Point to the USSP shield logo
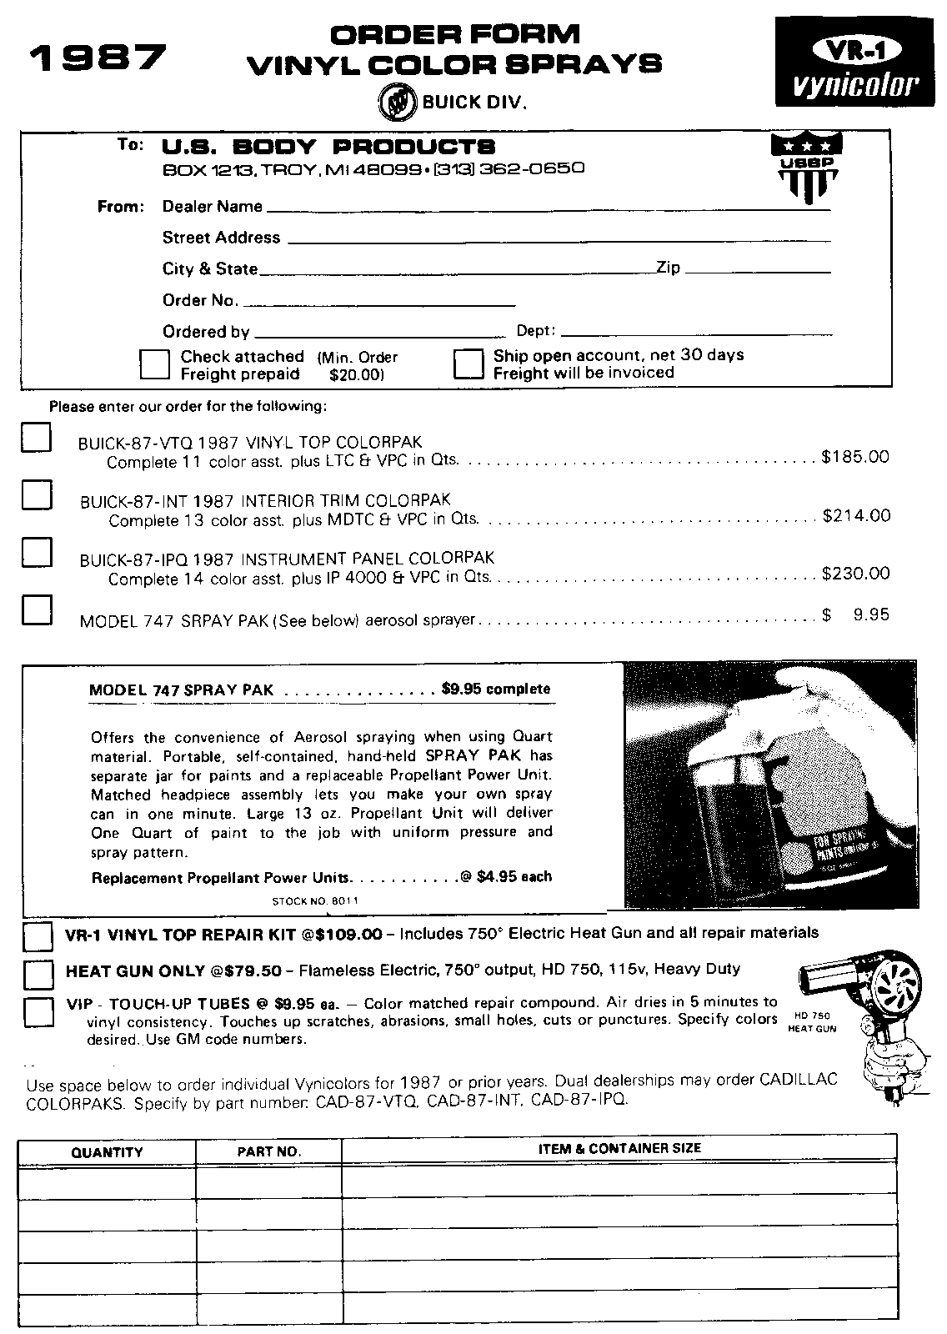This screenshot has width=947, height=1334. coord(806,167)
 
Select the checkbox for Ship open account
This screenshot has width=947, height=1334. coord(468,364)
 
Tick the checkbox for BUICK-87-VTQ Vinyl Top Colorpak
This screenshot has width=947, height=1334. coord(37,438)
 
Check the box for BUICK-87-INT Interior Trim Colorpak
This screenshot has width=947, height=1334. coord(37,494)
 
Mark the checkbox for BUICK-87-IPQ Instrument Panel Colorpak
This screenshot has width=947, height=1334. coord(37,551)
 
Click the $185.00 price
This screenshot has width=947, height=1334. coord(855,457)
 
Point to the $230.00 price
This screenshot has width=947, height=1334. coord(856,574)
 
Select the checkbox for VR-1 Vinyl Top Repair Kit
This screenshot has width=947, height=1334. coord(38,936)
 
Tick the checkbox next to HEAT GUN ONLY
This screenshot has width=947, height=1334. coord(38,973)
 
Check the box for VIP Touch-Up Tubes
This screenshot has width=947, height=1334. coord(38,1011)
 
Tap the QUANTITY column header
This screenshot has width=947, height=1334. coord(108,1152)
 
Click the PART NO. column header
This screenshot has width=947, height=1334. coord(268,1152)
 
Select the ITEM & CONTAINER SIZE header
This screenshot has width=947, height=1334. coord(619,1149)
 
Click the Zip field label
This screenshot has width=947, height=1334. coord(669,268)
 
